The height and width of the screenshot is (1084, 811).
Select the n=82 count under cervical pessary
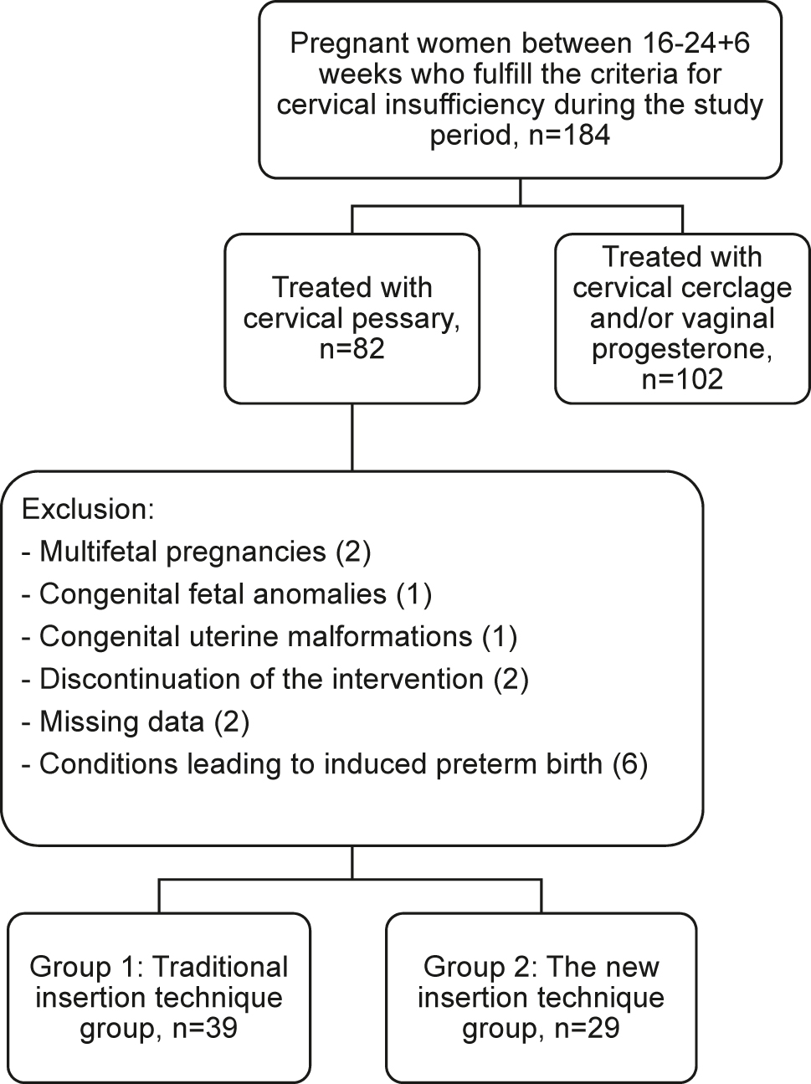[x=352, y=349]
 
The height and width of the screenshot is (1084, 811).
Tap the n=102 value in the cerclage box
[x=681, y=379]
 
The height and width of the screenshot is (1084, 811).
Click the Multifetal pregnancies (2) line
[x=197, y=552]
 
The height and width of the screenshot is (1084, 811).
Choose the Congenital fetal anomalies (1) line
[x=226, y=594]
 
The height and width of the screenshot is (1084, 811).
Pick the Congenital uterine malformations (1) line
[x=269, y=636]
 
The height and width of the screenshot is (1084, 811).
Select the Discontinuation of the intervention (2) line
[x=275, y=679]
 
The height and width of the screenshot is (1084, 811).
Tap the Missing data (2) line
[x=136, y=722]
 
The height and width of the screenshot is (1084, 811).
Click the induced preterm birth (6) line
[x=335, y=764]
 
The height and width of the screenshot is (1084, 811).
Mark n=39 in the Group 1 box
[x=198, y=1028]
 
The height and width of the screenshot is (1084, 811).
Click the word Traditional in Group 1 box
[x=222, y=967]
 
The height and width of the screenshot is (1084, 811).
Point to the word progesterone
[x=681, y=349]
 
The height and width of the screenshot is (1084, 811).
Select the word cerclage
[x=737, y=288]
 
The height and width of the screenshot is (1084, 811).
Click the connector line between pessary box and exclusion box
[x=352, y=437]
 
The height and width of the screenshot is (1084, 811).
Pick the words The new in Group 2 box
[x=602, y=967]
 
